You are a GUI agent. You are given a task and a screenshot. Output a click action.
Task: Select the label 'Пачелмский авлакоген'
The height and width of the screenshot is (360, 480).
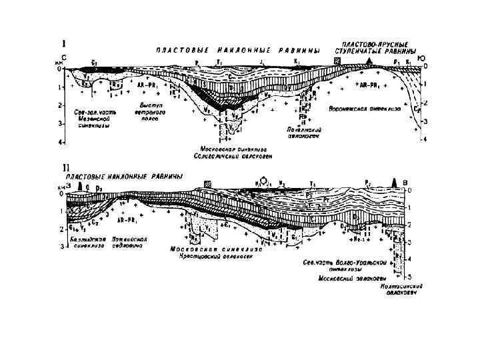304,133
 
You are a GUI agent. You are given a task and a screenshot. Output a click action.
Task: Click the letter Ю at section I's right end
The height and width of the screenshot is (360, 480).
421,59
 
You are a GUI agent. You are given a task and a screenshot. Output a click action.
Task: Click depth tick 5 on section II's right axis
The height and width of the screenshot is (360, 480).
409,275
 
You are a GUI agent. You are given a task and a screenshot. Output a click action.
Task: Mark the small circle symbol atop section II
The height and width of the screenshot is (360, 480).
267,179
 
